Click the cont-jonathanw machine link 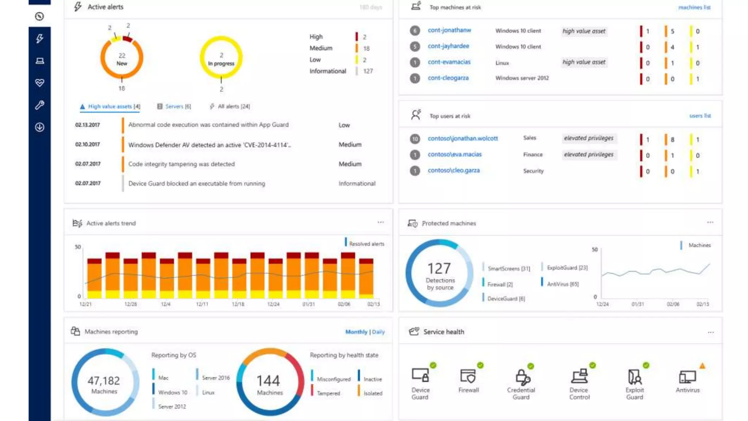coord(449,30)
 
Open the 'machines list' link coord(694,7)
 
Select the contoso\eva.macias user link coord(454,155)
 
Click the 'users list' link coord(700,116)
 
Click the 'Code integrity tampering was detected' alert coord(181,164)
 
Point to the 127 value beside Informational coord(368,71)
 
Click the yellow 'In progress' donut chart coord(221,57)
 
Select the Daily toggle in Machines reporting coord(378,332)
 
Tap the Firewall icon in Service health coord(468,376)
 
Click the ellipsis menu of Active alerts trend coord(381,222)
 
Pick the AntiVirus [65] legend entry coord(562,284)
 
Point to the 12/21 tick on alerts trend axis coord(85,304)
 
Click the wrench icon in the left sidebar coord(39,105)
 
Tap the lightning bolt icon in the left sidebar coord(39,38)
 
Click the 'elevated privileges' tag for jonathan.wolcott coord(588,138)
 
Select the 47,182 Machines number coord(104,381)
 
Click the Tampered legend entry coord(328,393)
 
